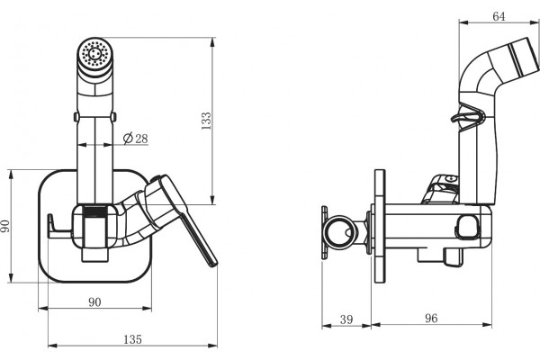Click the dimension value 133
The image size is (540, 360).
pos(206,121)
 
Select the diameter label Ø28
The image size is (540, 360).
pos(136,139)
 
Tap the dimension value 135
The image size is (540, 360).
pos(132,339)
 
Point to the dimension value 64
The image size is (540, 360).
pos(499,16)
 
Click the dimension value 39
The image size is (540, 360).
pos(346,319)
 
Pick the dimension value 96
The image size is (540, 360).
pos(431,319)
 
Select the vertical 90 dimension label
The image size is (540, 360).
pos(5,226)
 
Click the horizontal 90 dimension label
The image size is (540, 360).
pos(94,302)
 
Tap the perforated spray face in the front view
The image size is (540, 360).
pos(94,53)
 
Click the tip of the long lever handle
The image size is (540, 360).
pos(213,264)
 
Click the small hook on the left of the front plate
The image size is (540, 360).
pos(51,225)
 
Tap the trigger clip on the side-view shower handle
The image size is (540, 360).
pos(468,117)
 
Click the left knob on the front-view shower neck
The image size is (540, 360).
pos(76,117)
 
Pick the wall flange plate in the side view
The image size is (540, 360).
pos(379,226)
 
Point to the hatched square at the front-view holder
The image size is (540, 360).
pos(95,211)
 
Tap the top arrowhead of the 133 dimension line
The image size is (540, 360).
pos(212,42)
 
